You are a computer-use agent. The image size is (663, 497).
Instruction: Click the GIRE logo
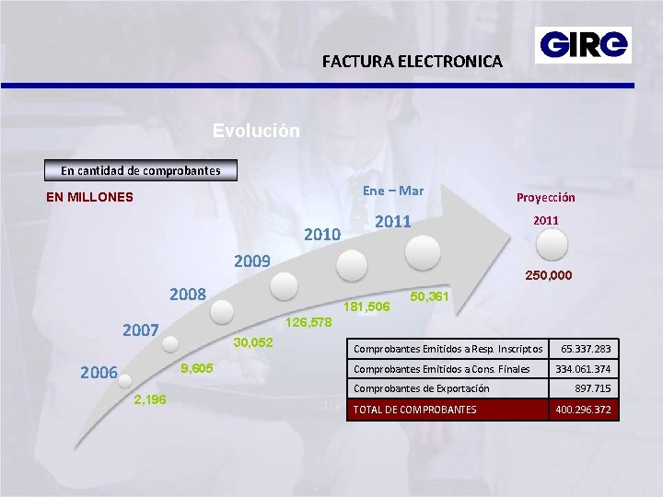click(584, 44)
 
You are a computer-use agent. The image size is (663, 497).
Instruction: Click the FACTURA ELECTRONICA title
click(413, 62)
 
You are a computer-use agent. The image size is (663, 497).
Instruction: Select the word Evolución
click(256, 131)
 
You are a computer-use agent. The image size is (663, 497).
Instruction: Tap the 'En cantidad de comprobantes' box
click(141, 170)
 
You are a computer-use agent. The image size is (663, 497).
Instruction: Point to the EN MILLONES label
click(90, 196)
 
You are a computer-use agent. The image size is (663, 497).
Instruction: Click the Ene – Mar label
click(393, 191)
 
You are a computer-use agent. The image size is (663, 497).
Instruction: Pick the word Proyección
click(546, 197)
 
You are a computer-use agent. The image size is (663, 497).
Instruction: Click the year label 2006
click(99, 373)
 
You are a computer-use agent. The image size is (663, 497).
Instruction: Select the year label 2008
click(189, 295)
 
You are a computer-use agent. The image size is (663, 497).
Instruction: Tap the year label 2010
click(322, 235)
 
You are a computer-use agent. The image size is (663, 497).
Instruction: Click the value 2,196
click(150, 399)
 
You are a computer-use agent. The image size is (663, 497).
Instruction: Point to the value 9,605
click(197, 368)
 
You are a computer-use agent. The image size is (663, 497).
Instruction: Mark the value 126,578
click(309, 323)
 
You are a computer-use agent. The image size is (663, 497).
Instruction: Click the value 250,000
click(548, 275)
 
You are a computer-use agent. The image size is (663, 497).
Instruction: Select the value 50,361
click(428, 296)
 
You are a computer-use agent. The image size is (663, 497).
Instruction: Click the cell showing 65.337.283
click(583, 350)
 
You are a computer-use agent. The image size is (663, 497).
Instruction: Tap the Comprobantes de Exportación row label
click(422, 388)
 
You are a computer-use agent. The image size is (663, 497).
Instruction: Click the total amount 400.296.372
click(583, 409)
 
